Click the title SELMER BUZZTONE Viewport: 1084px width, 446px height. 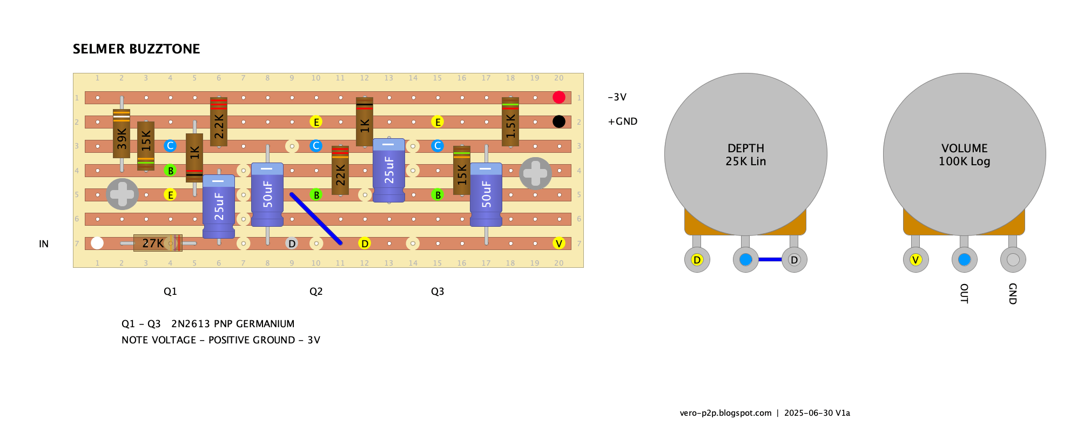[x=136, y=49]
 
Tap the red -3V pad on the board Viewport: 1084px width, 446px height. [x=559, y=97]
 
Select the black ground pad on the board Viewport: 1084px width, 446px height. [x=559, y=121]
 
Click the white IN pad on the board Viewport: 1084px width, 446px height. [x=97, y=243]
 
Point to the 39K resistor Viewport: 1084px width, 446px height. [x=122, y=134]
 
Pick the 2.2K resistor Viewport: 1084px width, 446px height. [x=219, y=121]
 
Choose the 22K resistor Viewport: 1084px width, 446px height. [x=340, y=170]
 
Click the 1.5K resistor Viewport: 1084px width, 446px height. [x=510, y=121]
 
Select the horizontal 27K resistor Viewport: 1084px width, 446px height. [x=158, y=243]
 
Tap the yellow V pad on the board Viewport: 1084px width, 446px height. [x=559, y=243]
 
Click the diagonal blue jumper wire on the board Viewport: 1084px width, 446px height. [x=316, y=219]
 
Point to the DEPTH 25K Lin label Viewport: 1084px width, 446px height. [x=746, y=155]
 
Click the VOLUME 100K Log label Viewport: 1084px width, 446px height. [x=965, y=155]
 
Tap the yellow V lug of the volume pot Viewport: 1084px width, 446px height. [x=915, y=260]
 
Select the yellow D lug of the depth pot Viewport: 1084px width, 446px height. [x=697, y=260]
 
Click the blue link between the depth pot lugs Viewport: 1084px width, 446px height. [x=770, y=260]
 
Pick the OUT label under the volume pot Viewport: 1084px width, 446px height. [x=964, y=293]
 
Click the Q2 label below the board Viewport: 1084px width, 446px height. [x=316, y=292]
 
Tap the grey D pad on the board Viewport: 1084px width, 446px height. [x=292, y=243]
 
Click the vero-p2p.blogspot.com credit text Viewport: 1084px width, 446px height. [x=725, y=413]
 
